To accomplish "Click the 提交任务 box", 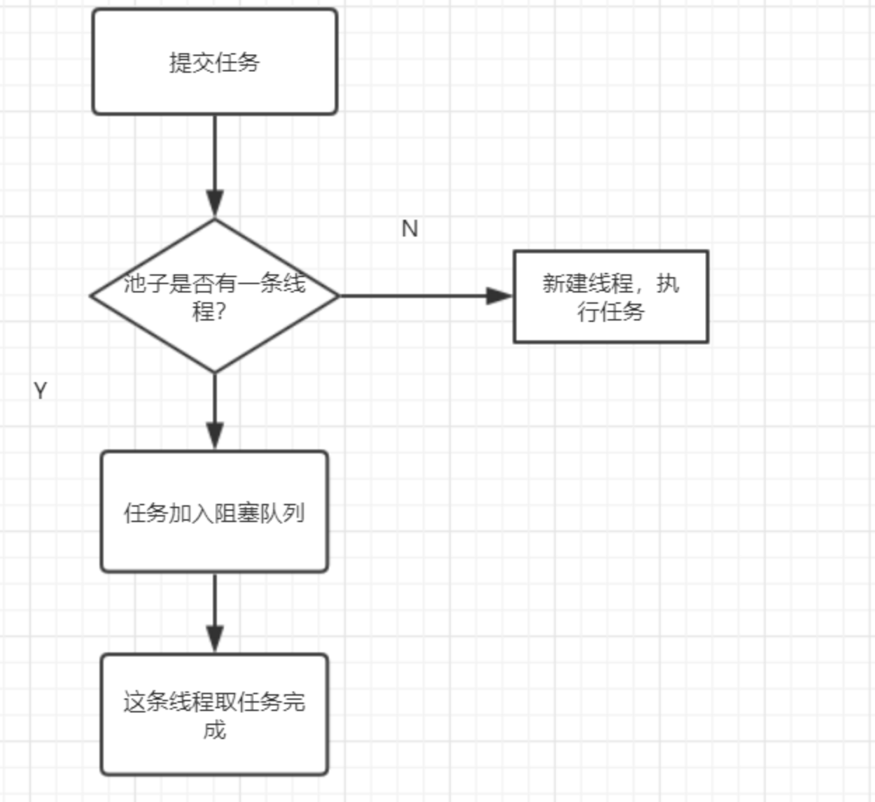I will pos(214,62).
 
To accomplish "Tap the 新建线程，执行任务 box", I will pos(610,297).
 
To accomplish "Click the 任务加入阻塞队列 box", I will pos(214,512).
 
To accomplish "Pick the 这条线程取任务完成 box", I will pos(214,715).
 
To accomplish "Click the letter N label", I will pos(409,228).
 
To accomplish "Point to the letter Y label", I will pos(41,391).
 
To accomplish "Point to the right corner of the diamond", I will pos(337,296).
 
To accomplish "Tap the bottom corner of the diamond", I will pos(215,372).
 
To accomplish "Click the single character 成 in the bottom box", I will pos(214,730).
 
